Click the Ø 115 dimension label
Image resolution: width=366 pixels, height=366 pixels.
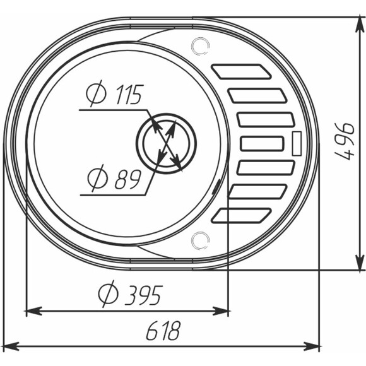[x=114, y=93]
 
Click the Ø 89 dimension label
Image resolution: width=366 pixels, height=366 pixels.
[x=114, y=179]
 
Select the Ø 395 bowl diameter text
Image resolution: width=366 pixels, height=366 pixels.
[x=130, y=293]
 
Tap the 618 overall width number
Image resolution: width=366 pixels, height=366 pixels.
[x=163, y=331]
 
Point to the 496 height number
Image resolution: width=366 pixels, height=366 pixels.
[x=345, y=142]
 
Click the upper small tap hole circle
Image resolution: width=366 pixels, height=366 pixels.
[x=200, y=45]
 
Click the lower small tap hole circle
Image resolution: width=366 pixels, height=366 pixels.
[x=200, y=240]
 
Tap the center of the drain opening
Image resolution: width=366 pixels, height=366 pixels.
[x=166, y=143]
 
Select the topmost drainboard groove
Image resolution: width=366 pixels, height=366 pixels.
[x=241, y=71]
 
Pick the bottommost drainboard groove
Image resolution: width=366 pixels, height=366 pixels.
[x=241, y=215]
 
